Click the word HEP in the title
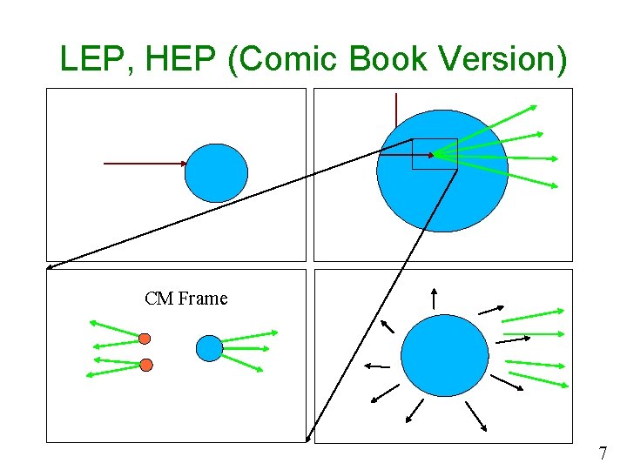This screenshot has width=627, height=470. pos(172,59)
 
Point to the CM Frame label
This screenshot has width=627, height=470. pos(186,299)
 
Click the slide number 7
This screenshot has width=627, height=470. pos(602,453)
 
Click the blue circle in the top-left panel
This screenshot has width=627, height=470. pos(216,173)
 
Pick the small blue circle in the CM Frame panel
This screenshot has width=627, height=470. pos(209,348)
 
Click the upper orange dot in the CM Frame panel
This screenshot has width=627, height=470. pos(145,338)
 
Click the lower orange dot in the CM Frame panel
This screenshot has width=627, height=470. pos(146,363)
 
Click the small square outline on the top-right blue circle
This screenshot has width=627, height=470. pos(434,154)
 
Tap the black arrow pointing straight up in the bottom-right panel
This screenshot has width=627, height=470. pos(435,297)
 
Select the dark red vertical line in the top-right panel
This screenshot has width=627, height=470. pos(396,113)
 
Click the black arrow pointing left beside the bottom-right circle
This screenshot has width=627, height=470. pos(376,365)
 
